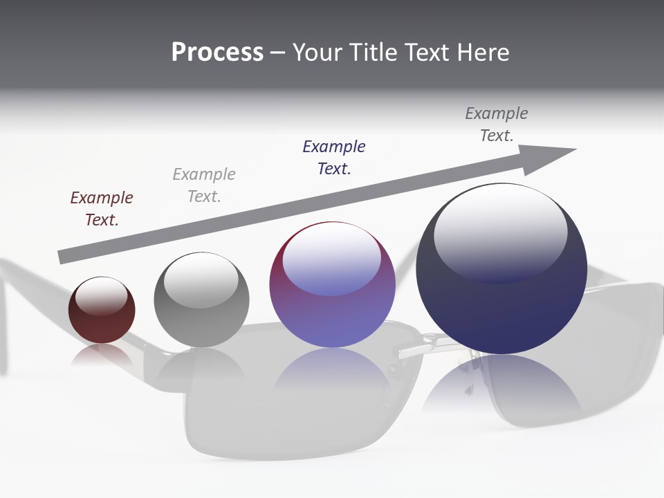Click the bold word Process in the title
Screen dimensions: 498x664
(217, 53)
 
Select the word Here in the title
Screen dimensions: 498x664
(483, 53)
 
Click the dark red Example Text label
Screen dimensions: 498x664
(102, 209)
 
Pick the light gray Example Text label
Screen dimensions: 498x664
(204, 185)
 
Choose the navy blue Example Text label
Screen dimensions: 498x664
(334, 158)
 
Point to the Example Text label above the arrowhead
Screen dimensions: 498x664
(496, 124)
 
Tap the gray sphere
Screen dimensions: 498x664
(201, 300)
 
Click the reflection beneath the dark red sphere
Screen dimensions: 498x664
(102, 356)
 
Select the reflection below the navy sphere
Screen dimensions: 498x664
(501, 387)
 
